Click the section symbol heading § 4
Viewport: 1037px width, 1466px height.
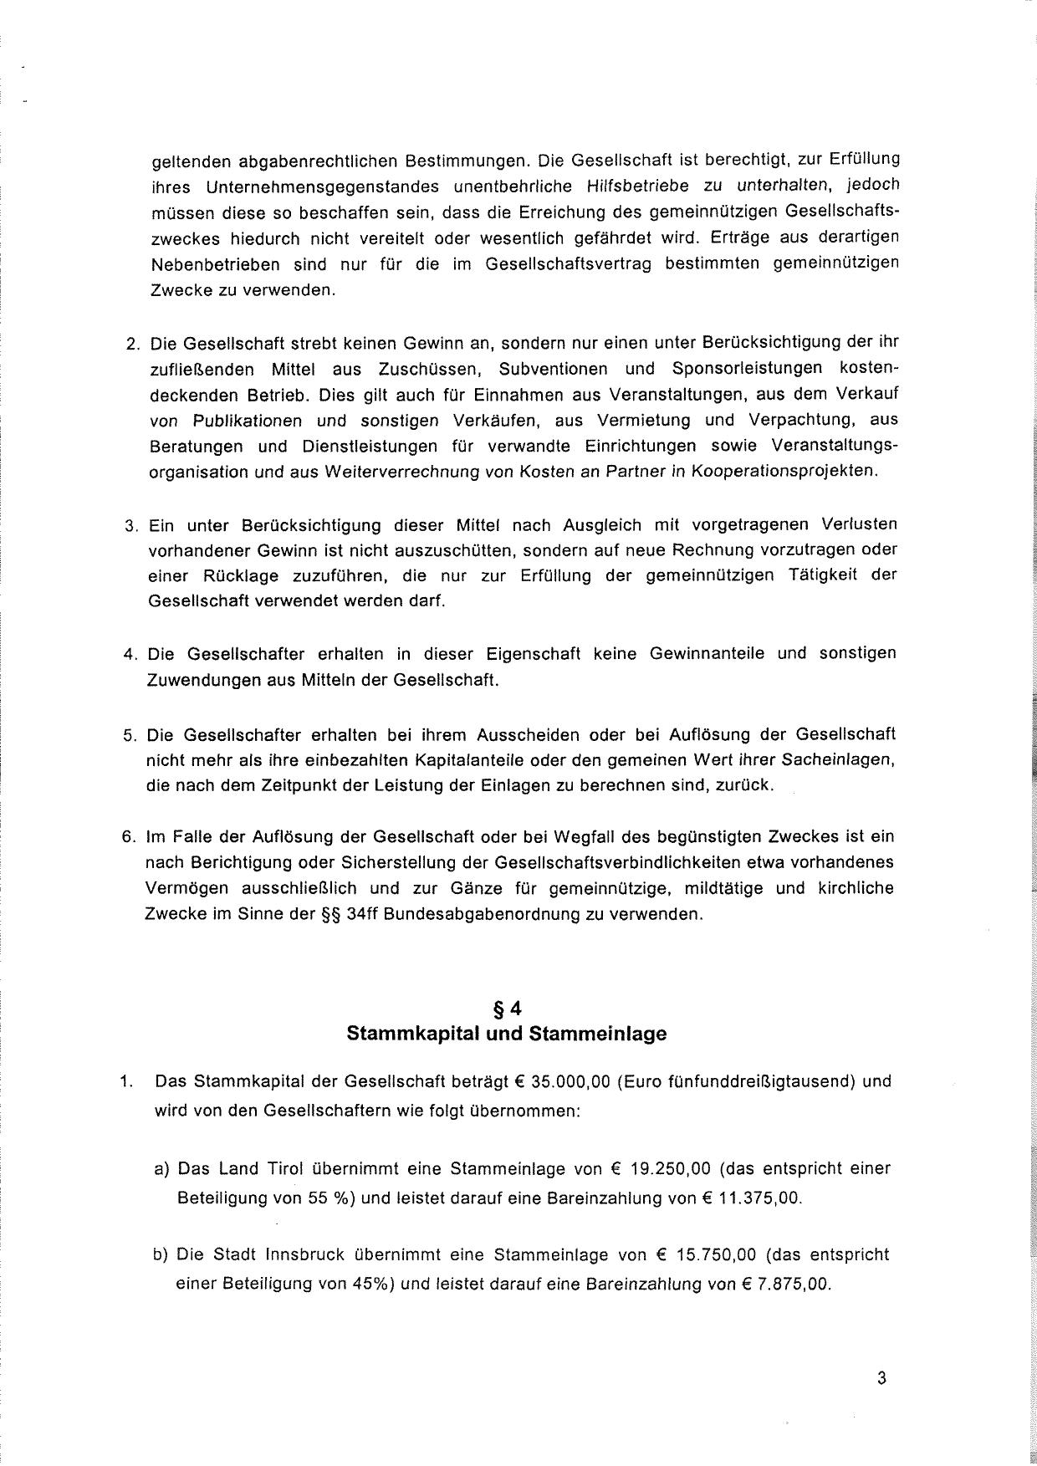[x=507, y=1008]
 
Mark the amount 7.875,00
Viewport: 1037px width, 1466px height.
[x=794, y=1285]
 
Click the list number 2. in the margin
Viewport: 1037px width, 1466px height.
[x=131, y=344]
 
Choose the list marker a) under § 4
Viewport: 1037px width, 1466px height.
[x=162, y=1168]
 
